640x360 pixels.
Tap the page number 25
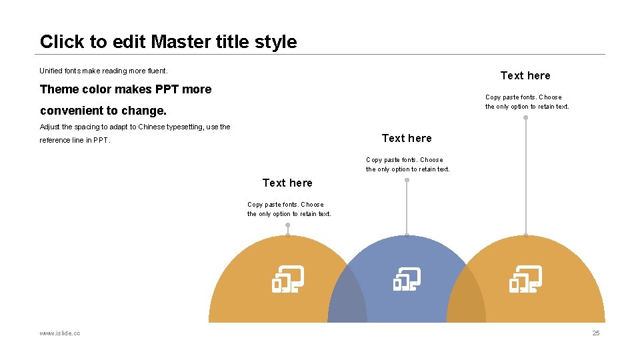[x=596, y=333]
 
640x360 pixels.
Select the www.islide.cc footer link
[x=60, y=333]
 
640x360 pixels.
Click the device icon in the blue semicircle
[x=407, y=279]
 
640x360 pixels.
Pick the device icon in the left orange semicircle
[x=287, y=279]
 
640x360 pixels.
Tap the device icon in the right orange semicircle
[x=525, y=279]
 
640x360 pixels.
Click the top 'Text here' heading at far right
[x=525, y=75]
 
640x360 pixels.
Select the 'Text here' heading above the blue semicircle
[x=407, y=138]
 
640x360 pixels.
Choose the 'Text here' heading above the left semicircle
[x=287, y=183]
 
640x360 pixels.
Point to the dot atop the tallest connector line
[x=525, y=117]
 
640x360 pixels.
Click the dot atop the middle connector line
[x=407, y=180]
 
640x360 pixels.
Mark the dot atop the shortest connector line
[x=287, y=225]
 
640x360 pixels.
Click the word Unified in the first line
[x=51, y=71]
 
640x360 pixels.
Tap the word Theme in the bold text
[x=56, y=89]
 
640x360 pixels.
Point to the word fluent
[x=156, y=71]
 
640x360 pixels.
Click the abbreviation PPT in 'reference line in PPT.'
[x=101, y=141]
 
